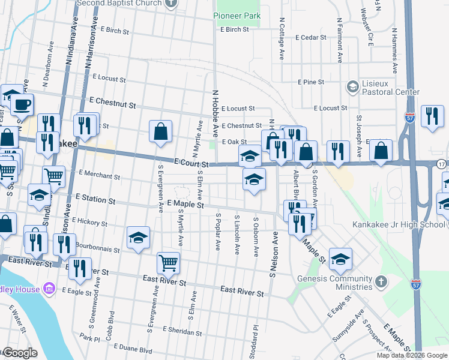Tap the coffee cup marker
[22, 104]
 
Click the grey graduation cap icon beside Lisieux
[352, 87]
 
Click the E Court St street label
[191, 163]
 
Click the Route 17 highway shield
[441, 163]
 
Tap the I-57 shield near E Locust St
[410, 116]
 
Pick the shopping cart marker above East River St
[168, 262]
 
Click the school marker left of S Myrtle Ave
[138, 238]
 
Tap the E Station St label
[92, 199]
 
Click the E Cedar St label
[306, 37]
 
